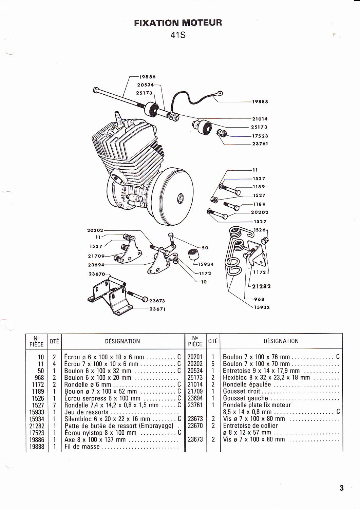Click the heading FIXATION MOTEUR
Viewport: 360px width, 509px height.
click(x=178, y=23)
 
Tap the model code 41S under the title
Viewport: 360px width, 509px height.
click(x=178, y=35)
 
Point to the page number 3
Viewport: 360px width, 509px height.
click(x=341, y=488)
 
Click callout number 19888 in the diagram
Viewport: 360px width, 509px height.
click(x=260, y=101)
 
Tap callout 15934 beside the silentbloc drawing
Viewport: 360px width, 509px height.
click(x=206, y=264)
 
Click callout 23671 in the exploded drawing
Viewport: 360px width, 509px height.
click(x=157, y=309)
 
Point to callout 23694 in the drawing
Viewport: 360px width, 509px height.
click(x=96, y=265)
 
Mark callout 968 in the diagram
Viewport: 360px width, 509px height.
click(x=259, y=299)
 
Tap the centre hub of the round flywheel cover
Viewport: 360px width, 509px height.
click(x=180, y=197)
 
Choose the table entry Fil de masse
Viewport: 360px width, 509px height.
click(x=82, y=447)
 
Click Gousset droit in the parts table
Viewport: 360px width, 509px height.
click(x=242, y=391)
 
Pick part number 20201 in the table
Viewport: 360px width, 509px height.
click(x=195, y=357)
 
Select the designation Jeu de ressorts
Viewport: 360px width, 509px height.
click(x=87, y=412)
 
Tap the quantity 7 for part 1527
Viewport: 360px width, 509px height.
click(x=54, y=405)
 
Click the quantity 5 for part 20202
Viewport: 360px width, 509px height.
click(x=213, y=364)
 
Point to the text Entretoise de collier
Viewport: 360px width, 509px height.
click(x=250, y=426)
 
